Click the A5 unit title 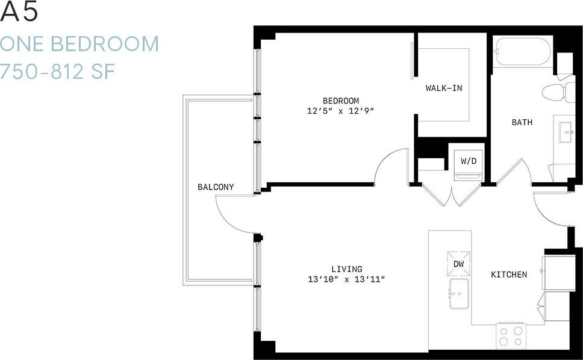point(19,13)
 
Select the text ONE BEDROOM point(79,44)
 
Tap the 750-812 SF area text point(58,72)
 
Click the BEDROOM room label point(340,101)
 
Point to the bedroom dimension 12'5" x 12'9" point(340,111)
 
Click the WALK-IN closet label point(444,88)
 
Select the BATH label point(522,122)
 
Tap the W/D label point(468,161)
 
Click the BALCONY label point(216,187)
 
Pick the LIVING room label point(346,269)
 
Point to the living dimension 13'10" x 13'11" point(346,279)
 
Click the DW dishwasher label point(459,264)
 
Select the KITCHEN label point(509,275)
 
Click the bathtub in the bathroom point(522,52)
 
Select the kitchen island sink point(459,293)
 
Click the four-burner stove point(511,335)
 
